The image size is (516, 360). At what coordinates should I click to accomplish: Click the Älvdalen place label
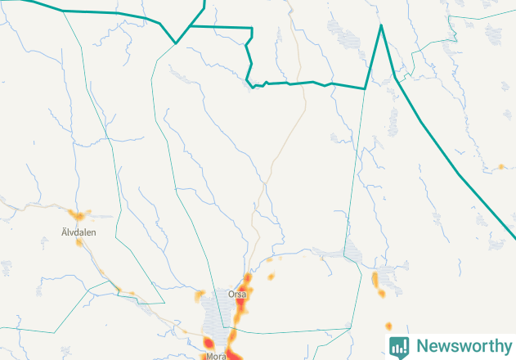point(79,232)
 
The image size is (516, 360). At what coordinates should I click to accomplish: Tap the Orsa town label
point(237,293)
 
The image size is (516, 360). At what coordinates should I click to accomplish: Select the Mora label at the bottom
point(216,357)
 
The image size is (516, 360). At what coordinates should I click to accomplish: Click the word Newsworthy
point(464,345)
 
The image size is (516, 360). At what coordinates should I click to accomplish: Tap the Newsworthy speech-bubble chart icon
point(399,346)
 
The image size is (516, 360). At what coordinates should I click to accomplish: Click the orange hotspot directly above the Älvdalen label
point(79,216)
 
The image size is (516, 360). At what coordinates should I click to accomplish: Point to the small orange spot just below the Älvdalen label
point(79,243)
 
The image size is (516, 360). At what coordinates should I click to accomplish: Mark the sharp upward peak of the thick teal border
point(381,26)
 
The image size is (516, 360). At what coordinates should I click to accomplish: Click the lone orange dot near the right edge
point(500,167)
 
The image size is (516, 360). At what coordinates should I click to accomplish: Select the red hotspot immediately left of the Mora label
point(208,343)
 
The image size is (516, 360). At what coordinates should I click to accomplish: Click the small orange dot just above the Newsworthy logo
point(388,326)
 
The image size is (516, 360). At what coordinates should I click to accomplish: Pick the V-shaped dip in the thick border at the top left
point(175,43)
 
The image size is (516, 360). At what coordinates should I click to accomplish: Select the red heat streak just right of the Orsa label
point(242,304)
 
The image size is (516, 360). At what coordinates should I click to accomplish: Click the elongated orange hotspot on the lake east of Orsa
point(375,281)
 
